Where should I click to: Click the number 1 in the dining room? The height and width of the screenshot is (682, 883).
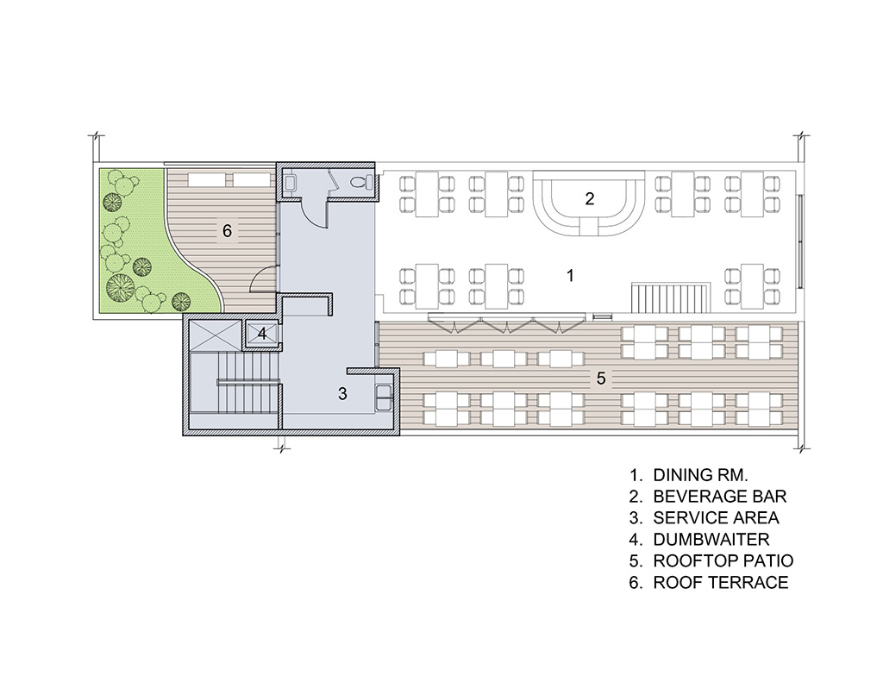[571, 275]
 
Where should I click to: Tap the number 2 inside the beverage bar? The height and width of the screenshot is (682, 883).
[590, 198]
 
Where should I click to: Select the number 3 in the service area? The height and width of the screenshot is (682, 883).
[343, 394]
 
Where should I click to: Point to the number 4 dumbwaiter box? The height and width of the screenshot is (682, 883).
[262, 334]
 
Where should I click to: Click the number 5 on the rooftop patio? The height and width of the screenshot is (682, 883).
[601, 379]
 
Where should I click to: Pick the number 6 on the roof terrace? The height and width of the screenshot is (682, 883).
[227, 230]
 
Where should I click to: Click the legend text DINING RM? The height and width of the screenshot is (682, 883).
[700, 475]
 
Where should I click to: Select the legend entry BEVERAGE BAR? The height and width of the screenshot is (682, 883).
[720, 496]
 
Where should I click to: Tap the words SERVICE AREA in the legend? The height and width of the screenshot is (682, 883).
[717, 517]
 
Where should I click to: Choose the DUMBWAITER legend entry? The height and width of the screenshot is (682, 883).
[711, 539]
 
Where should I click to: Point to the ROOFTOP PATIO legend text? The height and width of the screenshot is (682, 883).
[723, 560]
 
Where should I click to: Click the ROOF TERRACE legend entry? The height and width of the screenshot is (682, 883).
[721, 582]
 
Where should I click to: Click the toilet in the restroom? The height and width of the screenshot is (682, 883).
[360, 183]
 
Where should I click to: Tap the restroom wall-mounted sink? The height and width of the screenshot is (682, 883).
[290, 183]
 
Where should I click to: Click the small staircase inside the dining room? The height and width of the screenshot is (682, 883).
[668, 297]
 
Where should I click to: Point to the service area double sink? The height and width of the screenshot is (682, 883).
[384, 397]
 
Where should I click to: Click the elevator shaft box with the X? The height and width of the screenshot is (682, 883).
[215, 335]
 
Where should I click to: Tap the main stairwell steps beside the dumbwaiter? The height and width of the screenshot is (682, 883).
[235, 383]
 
